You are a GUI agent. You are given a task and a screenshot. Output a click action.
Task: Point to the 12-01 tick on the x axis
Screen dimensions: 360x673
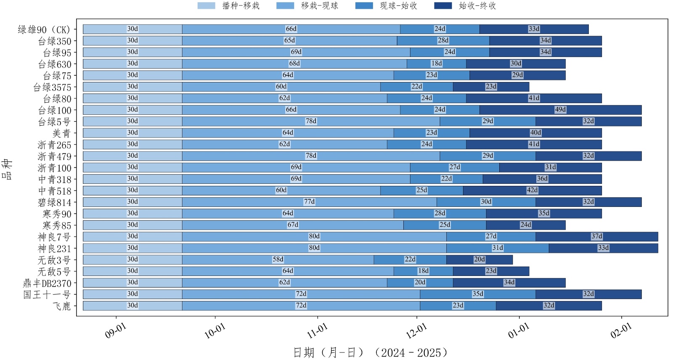(416, 331)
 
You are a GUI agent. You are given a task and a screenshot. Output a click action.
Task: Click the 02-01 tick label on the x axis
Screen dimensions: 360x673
(621, 331)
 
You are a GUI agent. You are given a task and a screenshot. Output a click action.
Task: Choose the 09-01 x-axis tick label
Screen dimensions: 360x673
(116, 331)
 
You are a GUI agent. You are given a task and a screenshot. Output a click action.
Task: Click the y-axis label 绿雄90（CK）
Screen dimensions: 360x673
(44, 30)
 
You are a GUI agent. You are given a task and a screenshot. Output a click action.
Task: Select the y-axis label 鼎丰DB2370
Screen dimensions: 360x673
(47, 283)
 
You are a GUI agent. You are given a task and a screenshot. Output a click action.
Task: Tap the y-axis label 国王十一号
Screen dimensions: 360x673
(47, 295)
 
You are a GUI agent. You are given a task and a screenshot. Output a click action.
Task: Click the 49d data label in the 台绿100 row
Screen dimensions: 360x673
(560, 110)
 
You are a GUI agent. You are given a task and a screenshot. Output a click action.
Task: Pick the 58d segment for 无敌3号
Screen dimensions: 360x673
(278, 259)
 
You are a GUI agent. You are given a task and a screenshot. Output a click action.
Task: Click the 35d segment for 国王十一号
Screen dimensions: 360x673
(477, 294)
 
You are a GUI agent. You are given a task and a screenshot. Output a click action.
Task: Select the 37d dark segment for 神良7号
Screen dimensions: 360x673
(596, 236)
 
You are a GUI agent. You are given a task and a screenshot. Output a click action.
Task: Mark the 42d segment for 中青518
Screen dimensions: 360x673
(532, 191)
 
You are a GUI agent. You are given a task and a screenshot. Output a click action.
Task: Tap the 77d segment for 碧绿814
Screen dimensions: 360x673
(309, 202)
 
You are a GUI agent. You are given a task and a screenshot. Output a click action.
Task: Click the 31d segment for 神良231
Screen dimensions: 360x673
(497, 248)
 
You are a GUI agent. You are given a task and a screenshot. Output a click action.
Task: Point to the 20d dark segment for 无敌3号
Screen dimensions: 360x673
(479, 259)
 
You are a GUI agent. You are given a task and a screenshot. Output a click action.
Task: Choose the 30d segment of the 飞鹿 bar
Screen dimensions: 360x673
(132, 306)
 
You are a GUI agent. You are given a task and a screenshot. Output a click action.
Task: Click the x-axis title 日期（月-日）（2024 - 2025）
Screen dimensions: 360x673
(370, 352)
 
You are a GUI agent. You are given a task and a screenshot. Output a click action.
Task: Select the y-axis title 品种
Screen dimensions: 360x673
(8, 169)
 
